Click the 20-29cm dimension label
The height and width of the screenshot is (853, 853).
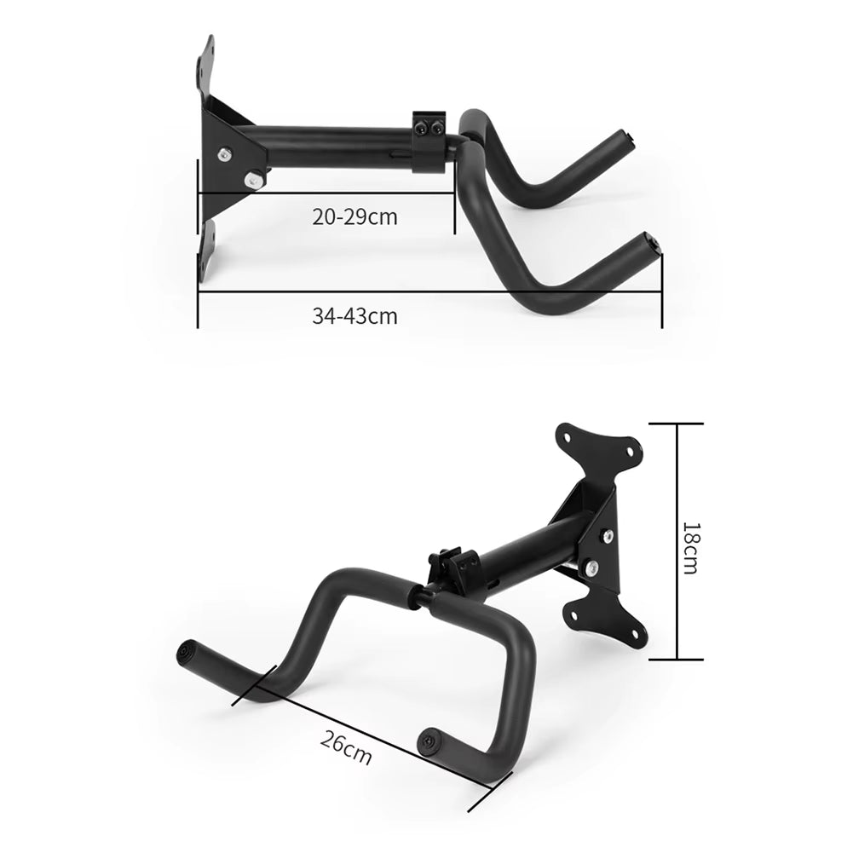tap(354, 216)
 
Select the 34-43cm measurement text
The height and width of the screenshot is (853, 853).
tap(354, 316)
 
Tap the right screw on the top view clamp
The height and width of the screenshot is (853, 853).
tap(436, 128)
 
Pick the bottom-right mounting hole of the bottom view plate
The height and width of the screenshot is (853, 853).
tap(636, 633)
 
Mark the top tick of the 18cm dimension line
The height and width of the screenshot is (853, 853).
tap(678, 424)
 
